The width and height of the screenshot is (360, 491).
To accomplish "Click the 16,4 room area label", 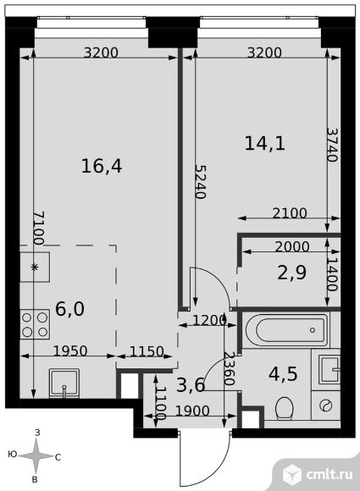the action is point(102,166).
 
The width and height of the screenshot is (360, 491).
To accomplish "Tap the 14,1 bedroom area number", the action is point(265,144).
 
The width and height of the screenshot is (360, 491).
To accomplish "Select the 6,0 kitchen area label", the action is point(69,309).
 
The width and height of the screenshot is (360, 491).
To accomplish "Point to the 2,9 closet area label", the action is point(292,273).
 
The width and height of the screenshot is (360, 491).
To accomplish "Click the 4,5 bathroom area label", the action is point(283,373).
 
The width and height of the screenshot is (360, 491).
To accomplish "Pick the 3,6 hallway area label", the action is point(191,385).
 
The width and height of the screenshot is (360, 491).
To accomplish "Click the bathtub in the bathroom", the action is point(286,330).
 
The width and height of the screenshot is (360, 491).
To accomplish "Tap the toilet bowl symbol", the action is point(284,408).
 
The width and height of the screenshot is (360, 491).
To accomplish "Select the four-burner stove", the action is point(35,323).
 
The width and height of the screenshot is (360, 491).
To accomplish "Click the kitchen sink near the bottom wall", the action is point(64,383).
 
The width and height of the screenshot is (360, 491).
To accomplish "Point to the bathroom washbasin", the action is point(330,369).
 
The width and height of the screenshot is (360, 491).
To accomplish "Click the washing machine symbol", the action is point(326,405).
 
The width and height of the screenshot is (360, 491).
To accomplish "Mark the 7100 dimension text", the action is point(39,228).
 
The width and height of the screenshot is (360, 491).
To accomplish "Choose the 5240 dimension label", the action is point(201,182).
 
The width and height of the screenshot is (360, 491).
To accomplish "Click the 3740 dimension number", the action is point(332,145).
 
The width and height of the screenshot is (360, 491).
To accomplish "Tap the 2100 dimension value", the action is point(290,213).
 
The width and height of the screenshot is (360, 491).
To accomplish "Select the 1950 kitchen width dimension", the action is point(70,351).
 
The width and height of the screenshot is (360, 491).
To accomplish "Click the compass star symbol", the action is point(36,456).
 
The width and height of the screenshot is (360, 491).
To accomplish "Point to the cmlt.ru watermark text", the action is point(330,474).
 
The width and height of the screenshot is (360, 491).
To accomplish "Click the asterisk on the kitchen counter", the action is point(35,267).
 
